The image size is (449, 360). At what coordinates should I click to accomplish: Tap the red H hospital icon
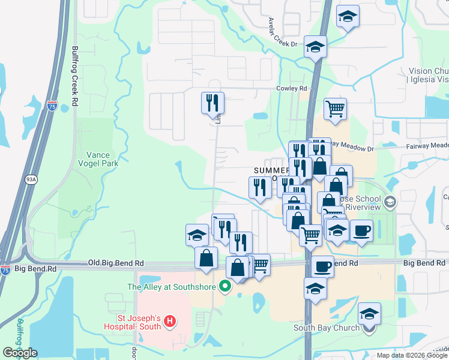pyautogui.click(x=170, y=322)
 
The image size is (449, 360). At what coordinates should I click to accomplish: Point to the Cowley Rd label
pyautogui.click(x=291, y=89)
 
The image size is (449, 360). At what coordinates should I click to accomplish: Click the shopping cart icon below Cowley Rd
pyautogui.click(x=336, y=109)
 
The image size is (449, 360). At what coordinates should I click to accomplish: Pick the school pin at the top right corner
pyautogui.click(x=347, y=17)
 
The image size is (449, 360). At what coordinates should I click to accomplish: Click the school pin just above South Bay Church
pyautogui.click(x=369, y=313)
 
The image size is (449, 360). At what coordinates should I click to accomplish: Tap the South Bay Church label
pyautogui.click(x=326, y=328)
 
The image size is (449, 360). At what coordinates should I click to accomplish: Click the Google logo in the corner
pyautogui.click(x=20, y=353)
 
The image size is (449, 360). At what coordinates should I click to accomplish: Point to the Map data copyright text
pyautogui.click(x=411, y=356)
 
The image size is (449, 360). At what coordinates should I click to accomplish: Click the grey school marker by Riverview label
pyautogui.click(x=391, y=202)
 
